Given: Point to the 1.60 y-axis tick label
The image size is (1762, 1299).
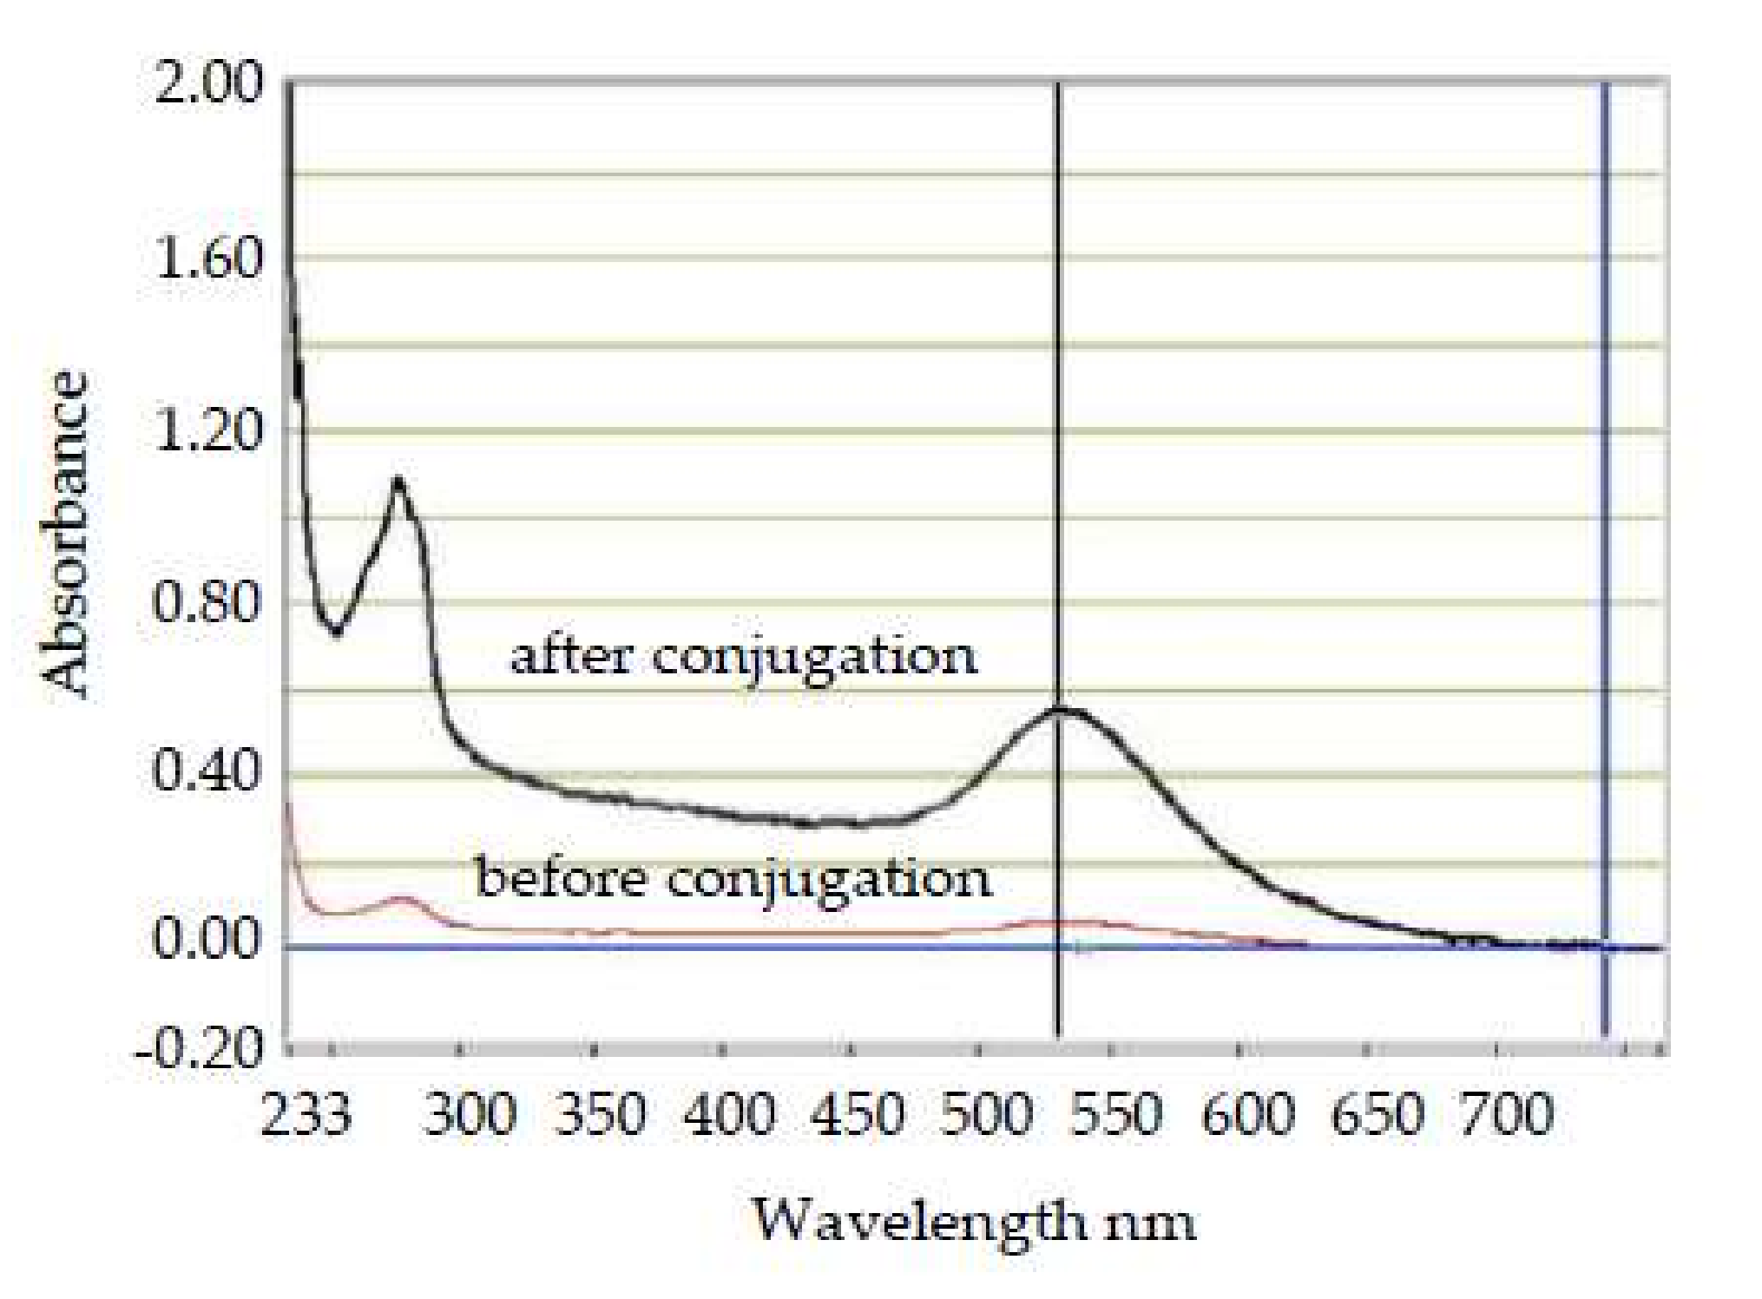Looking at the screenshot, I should (x=207, y=259).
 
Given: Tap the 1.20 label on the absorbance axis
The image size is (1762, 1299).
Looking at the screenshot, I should (x=207, y=431).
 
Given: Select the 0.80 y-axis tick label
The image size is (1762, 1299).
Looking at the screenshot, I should (x=207, y=603).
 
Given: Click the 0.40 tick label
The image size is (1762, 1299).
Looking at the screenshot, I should (x=207, y=773).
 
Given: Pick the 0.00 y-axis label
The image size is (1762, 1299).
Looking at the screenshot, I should (x=207, y=941).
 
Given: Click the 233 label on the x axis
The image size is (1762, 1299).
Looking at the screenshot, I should (x=306, y=1115).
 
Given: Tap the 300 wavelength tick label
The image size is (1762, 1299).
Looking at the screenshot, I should (x=470, y=1115).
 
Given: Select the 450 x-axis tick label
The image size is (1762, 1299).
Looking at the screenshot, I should (x=858, y=1115).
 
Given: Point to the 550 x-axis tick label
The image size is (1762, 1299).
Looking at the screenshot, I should (x=1115, y=1115).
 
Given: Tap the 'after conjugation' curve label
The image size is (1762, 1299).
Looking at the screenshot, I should (x=744, y=658).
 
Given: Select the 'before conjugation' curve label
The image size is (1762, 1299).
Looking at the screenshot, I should (x=733, y=880).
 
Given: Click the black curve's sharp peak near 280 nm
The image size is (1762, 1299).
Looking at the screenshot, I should (x=398, y=481).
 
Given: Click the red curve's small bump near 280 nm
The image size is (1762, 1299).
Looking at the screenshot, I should (x=401, y=899).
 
